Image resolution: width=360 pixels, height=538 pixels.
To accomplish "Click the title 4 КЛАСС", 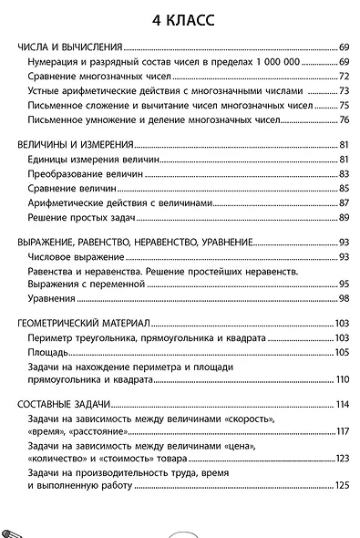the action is click(180, 19).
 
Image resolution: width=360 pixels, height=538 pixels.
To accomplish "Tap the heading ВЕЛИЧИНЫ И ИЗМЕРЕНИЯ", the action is click(77, 144).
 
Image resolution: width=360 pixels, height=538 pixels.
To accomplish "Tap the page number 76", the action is click(345, 119).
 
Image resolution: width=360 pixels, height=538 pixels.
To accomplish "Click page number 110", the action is click(343, 379).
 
